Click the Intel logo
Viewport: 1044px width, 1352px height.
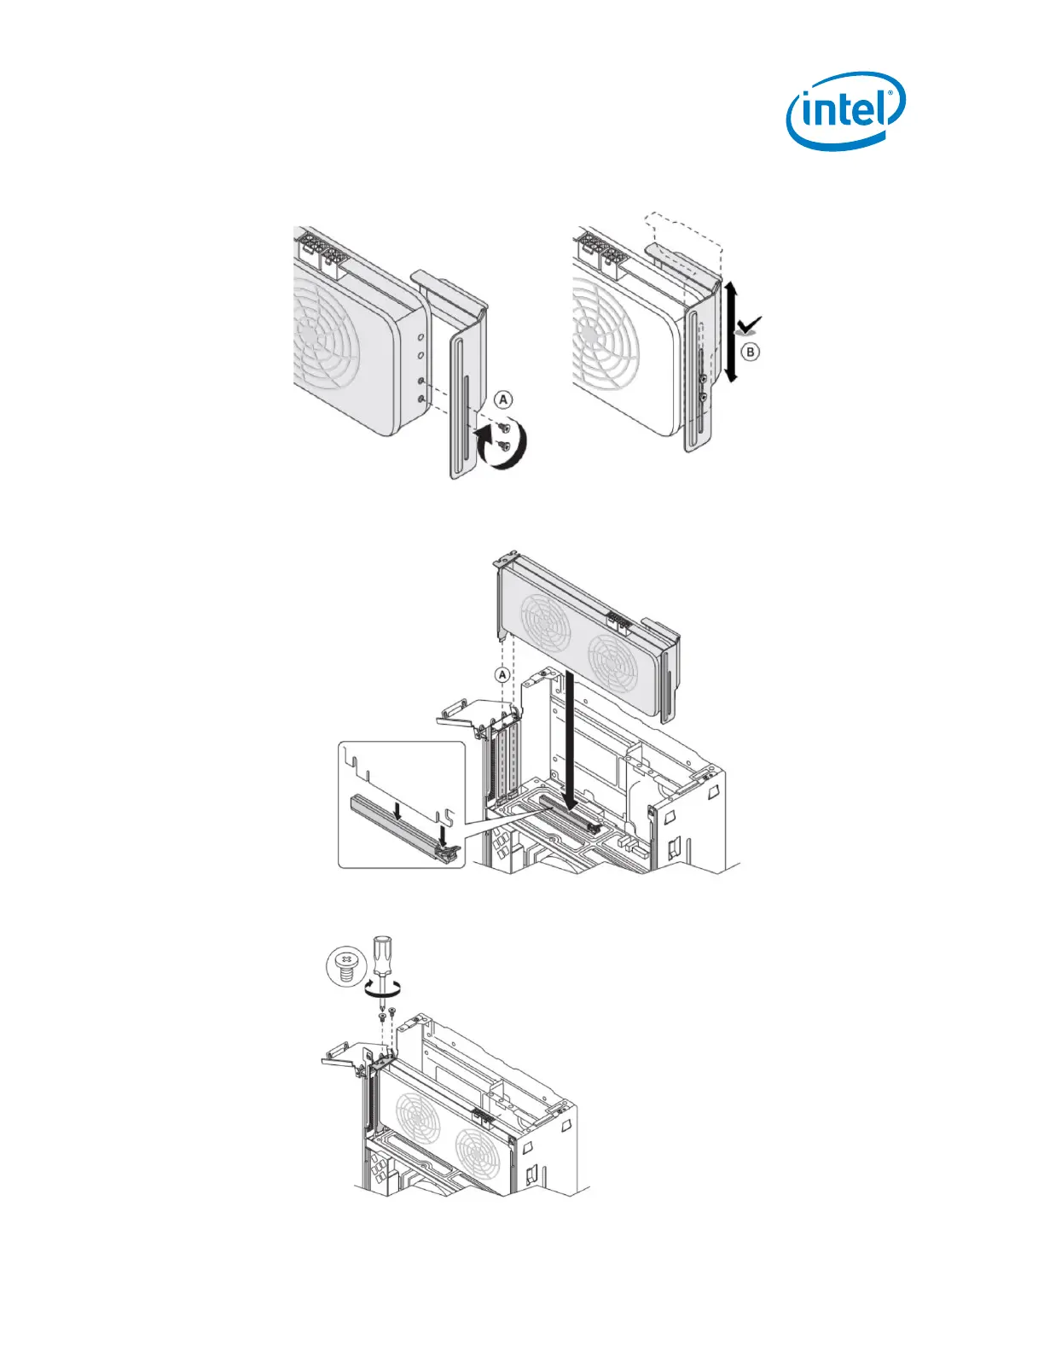(845, 111)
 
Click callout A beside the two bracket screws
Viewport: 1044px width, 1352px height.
(503, 399)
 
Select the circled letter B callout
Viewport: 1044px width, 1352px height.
(751, 353)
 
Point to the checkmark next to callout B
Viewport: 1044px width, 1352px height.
(749, 325)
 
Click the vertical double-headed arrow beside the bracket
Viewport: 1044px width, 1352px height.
(731, 331)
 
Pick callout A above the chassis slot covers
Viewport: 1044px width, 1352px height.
(502, 674)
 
